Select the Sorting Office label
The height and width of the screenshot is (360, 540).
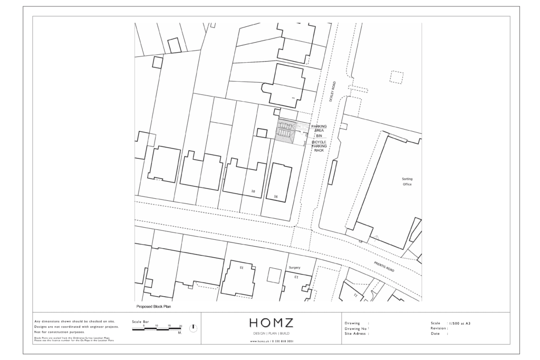407,182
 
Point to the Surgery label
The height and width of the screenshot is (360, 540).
295,268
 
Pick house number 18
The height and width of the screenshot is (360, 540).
253,190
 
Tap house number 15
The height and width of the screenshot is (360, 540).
242,268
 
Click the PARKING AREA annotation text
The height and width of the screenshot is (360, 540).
319,129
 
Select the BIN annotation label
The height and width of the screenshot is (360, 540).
319,136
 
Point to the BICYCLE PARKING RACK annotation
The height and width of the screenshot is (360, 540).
319,146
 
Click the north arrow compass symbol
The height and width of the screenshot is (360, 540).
193,327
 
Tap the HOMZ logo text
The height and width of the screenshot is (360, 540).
272,323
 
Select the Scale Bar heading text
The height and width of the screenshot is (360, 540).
140,320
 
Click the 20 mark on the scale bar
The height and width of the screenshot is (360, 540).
180,326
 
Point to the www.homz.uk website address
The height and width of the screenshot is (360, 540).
272,342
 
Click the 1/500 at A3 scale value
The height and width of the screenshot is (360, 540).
458,323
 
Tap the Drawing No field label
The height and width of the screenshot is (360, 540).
356,328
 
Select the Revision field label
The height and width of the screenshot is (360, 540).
439,328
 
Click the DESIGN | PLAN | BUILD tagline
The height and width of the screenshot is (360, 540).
272,334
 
